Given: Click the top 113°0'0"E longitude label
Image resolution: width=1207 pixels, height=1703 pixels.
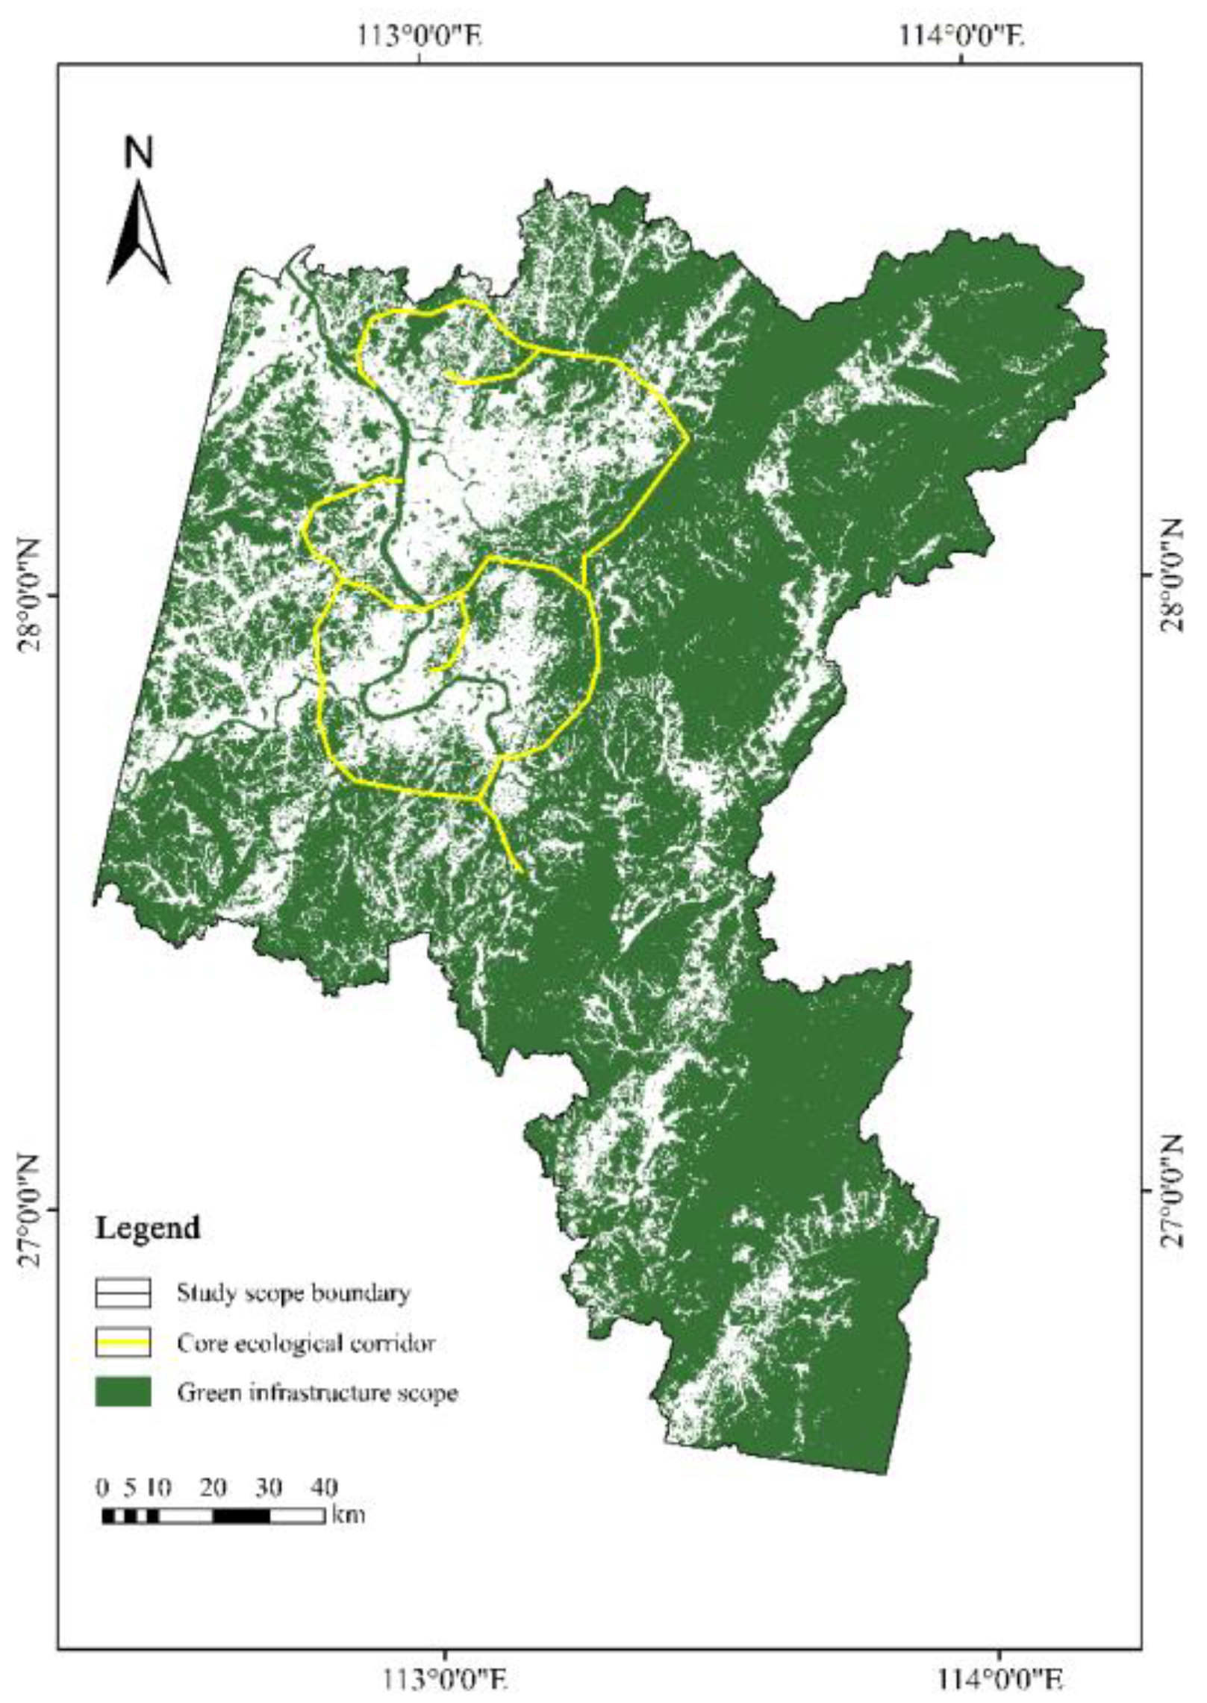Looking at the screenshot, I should tap(420, 34).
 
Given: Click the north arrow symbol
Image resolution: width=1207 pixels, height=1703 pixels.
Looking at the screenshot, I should tap(139, 233).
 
